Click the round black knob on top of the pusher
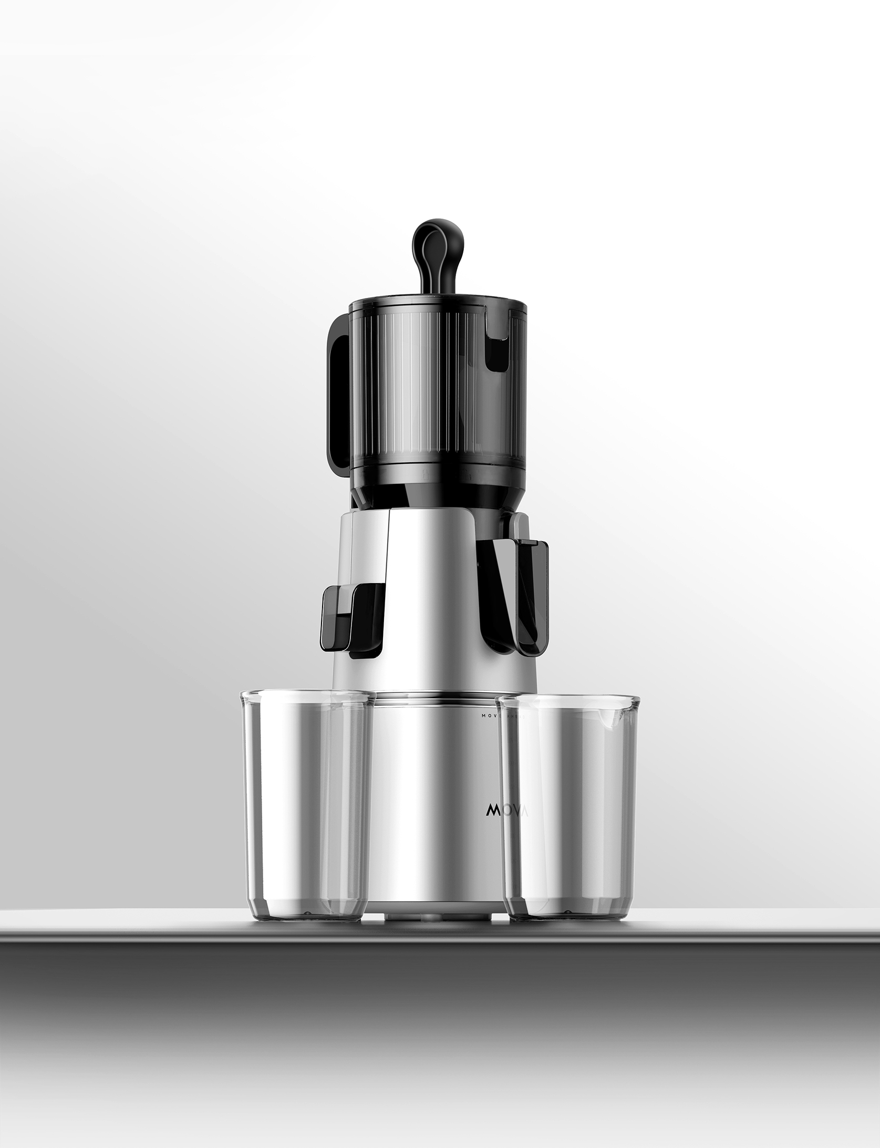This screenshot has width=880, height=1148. coord(440,242)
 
